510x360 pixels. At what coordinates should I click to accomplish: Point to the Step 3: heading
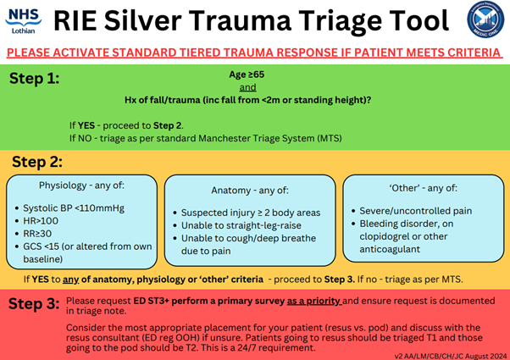click(33, 302)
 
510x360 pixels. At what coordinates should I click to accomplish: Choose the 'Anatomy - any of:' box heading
click(249, 191)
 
